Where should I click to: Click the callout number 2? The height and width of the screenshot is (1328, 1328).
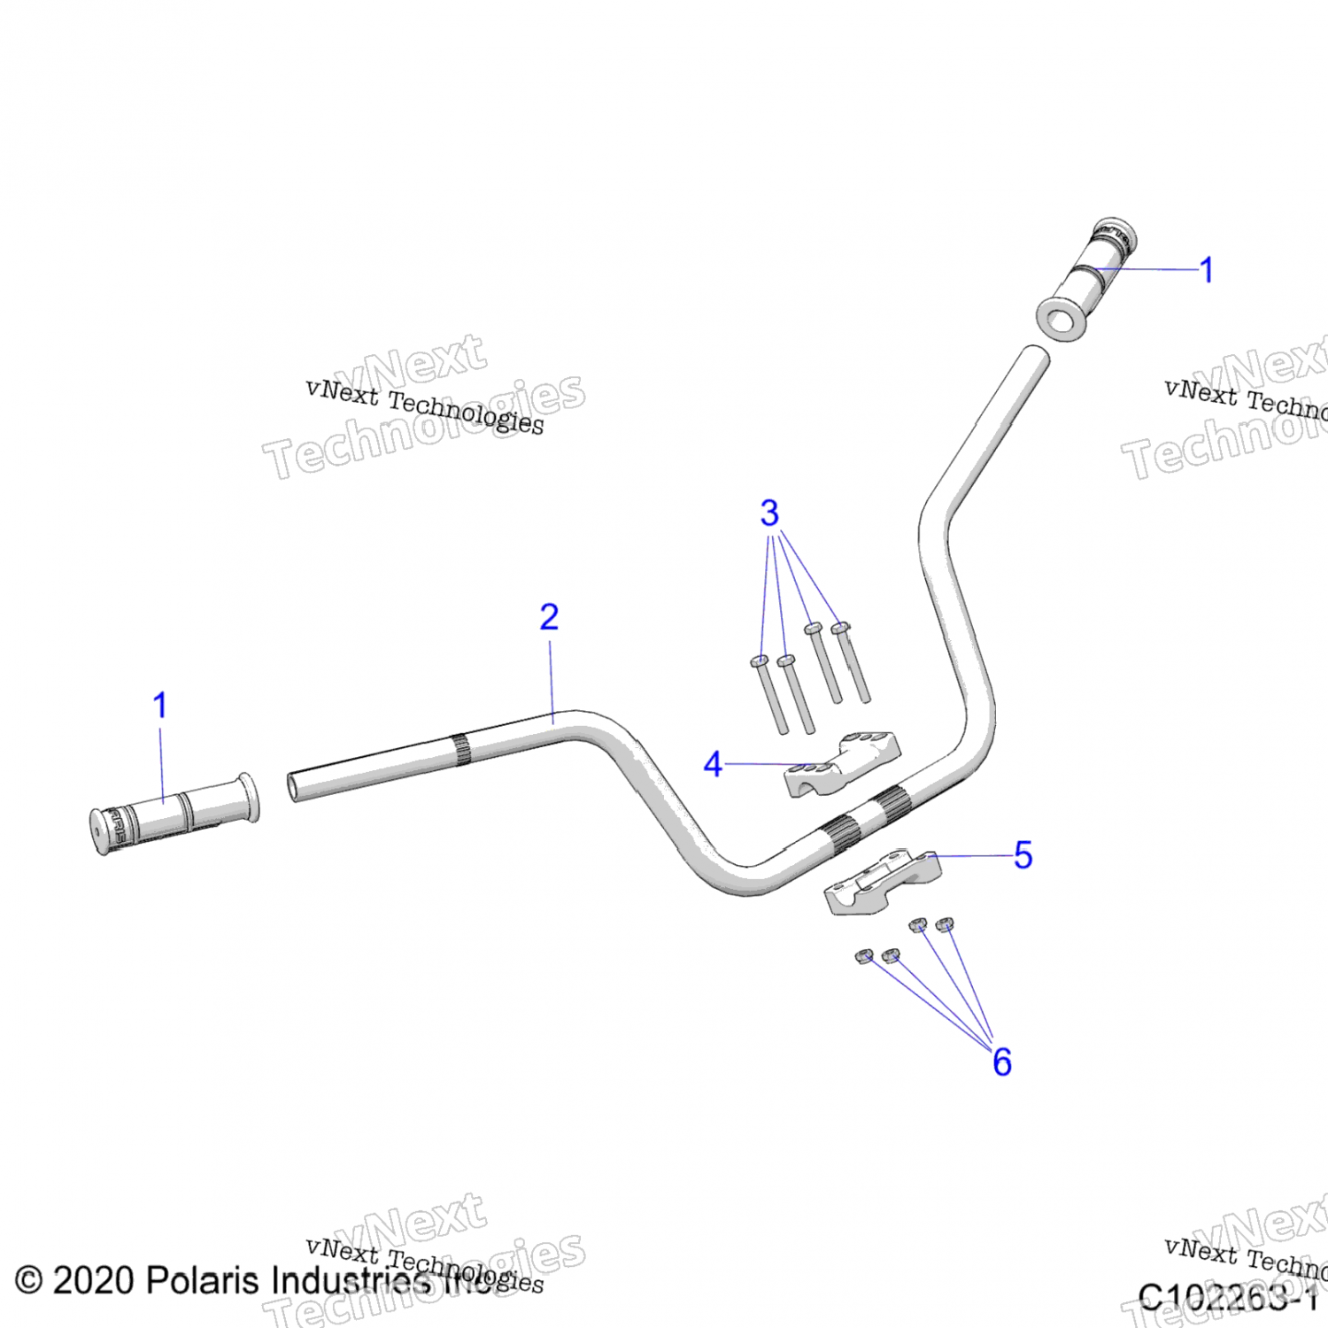549,617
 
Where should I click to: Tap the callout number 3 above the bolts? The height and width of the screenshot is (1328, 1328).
769,513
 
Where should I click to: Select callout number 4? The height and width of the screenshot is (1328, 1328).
713,764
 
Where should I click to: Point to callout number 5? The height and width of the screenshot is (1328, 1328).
1023,855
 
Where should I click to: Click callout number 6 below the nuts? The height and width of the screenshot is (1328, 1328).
1001,1062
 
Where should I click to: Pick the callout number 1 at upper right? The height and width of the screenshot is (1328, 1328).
1206,270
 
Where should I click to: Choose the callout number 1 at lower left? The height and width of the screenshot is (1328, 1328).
160,706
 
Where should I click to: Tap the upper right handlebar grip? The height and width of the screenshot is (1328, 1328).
1088,279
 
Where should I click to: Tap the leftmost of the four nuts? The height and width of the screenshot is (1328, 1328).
864,956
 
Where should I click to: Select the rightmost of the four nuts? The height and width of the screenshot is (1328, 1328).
945,924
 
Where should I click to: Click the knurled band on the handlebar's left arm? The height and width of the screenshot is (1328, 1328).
460,749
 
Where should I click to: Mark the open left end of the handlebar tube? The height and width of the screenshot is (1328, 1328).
294,786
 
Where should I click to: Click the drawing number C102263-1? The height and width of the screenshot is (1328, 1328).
1227,1298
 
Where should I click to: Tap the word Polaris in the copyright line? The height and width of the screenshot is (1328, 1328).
204,1280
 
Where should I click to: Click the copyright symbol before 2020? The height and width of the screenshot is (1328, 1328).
28,1281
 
